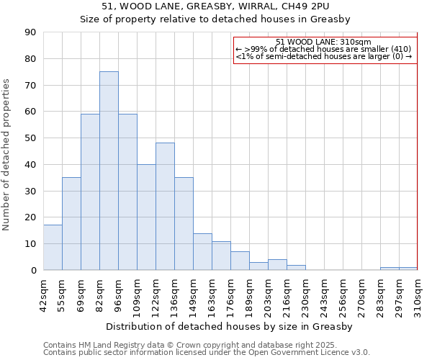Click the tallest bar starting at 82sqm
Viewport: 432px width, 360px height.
[x=109, y=171]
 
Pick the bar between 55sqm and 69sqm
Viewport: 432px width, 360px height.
[x=71, y=224]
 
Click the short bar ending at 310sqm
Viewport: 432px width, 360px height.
[x=408, y=269]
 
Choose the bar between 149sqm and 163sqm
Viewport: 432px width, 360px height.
[x=202, y=252]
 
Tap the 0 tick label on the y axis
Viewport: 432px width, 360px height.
[x=32, y=271]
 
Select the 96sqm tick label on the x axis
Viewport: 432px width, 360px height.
[x=118, y=293]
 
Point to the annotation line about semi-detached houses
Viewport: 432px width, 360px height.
[x=323, y=56]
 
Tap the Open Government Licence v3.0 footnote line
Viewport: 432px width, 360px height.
[x=207, y=352]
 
